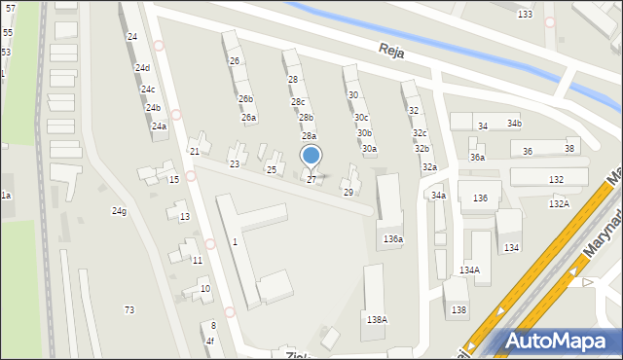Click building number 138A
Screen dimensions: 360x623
[377, 319]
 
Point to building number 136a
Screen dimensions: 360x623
[392, 238]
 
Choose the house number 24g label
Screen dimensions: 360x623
[119, 211]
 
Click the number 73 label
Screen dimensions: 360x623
[129, 309]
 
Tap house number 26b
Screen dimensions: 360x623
[246, 99]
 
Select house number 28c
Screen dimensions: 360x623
[298, 102]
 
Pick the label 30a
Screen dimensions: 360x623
[369, 149]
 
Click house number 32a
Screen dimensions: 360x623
[429, 167]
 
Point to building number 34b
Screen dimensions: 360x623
[513, 125]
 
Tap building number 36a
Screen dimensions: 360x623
[477, 158]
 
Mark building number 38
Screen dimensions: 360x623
[569, 149]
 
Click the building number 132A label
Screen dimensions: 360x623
[559, 203]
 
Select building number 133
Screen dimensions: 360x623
[526, 15]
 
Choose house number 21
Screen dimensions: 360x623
[195, 152]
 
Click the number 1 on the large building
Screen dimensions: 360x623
[235, 241]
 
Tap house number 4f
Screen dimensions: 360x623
[209, 341]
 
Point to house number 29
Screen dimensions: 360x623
[348, 193]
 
